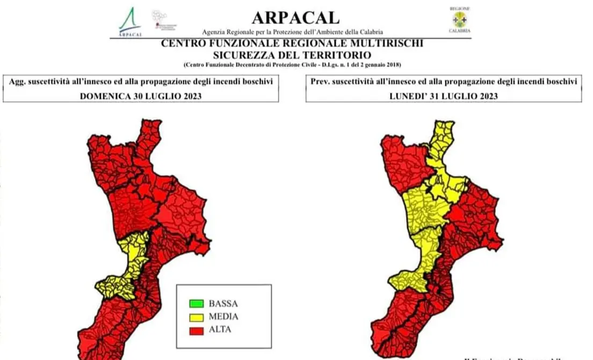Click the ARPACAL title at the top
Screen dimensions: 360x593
(x=295, y=17)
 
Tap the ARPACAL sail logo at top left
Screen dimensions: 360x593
(x=129, y=21)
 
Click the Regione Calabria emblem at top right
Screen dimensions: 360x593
(x=459, y=20)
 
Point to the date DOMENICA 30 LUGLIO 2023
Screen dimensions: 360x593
(x=141, y=96)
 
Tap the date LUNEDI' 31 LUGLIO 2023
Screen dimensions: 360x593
(x=443, y=96)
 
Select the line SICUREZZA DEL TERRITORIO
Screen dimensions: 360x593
(x=292, y=55)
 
